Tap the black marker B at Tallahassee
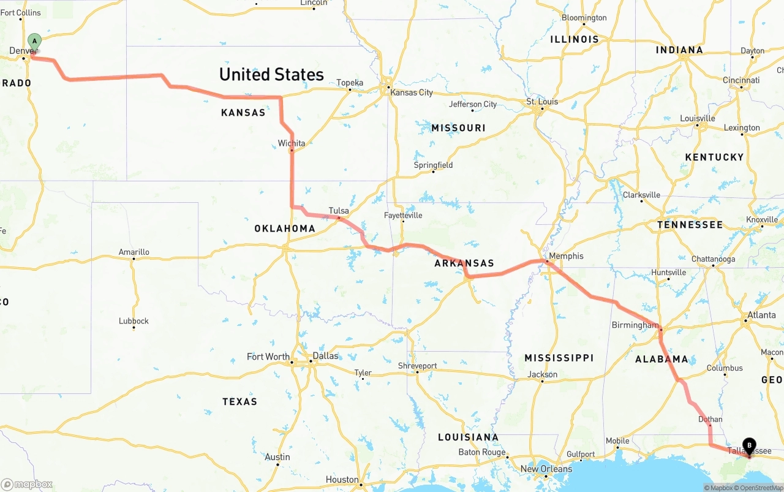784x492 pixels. (748, 446)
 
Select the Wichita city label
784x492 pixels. (292, 143)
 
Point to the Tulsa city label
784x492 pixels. (339, 211)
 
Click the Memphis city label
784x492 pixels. (566, 256)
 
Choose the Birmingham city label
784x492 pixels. (635, 325)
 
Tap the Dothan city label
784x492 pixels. (710, 420)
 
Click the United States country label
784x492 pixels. (271, 75)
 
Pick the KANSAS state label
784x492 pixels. (243, 113)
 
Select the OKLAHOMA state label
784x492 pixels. (285, 229)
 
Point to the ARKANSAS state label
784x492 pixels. (464, 263)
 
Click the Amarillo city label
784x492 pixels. (134, 252)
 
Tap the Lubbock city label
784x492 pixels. (134, 321)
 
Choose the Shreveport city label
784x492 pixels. (417, 366)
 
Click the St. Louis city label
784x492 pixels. (543, 102)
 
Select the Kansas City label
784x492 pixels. (412, 93)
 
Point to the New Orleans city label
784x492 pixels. (546, 469)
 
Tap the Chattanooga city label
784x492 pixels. (713, 259)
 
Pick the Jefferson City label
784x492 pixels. (473, 104)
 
